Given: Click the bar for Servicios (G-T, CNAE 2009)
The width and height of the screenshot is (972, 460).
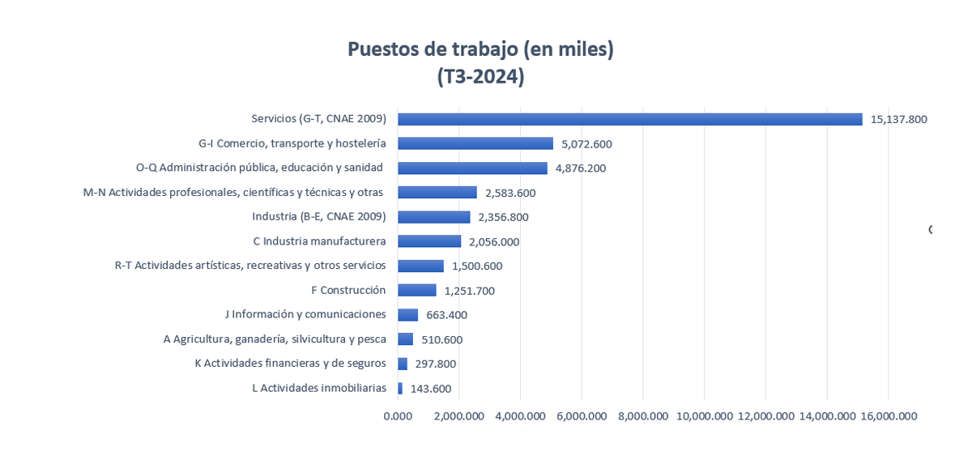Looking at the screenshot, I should click(x=629, y=119).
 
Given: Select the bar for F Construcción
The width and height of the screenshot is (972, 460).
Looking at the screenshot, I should click(x=416, y=290).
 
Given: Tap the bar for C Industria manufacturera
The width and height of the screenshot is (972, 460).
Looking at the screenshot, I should click(x=429, y=241).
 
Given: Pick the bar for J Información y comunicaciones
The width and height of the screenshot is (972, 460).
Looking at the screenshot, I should click(x=407, y=314).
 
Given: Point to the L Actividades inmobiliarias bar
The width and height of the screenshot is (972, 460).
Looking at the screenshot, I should click(x=400, y=388).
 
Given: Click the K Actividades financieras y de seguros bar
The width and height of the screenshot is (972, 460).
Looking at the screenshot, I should click(x=403, y=364).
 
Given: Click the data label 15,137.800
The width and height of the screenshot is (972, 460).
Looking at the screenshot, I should click(x=898, y=119).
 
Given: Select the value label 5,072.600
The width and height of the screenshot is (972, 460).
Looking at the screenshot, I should click(x=586, y=144).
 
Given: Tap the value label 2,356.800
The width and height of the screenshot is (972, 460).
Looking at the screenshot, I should click(x=503, y=217).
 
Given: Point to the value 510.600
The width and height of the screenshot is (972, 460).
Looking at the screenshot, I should click(x=441, y=339).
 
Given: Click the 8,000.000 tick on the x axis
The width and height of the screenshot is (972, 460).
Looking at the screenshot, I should click(x=642, y=416).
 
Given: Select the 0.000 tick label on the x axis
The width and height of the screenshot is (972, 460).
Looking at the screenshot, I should click(x=397, y=416).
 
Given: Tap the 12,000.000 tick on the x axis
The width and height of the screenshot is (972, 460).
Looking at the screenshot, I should click(x=765, y=416).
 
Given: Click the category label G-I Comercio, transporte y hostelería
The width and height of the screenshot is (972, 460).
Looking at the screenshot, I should click(x=292, y=143).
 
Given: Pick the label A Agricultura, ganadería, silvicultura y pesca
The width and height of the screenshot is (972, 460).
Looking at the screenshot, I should click(x=275, y=339).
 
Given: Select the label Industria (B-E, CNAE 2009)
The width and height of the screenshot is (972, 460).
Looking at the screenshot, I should click(x=318, y=216).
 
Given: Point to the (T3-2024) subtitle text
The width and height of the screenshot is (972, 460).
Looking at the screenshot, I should click(x=480, y=77).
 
